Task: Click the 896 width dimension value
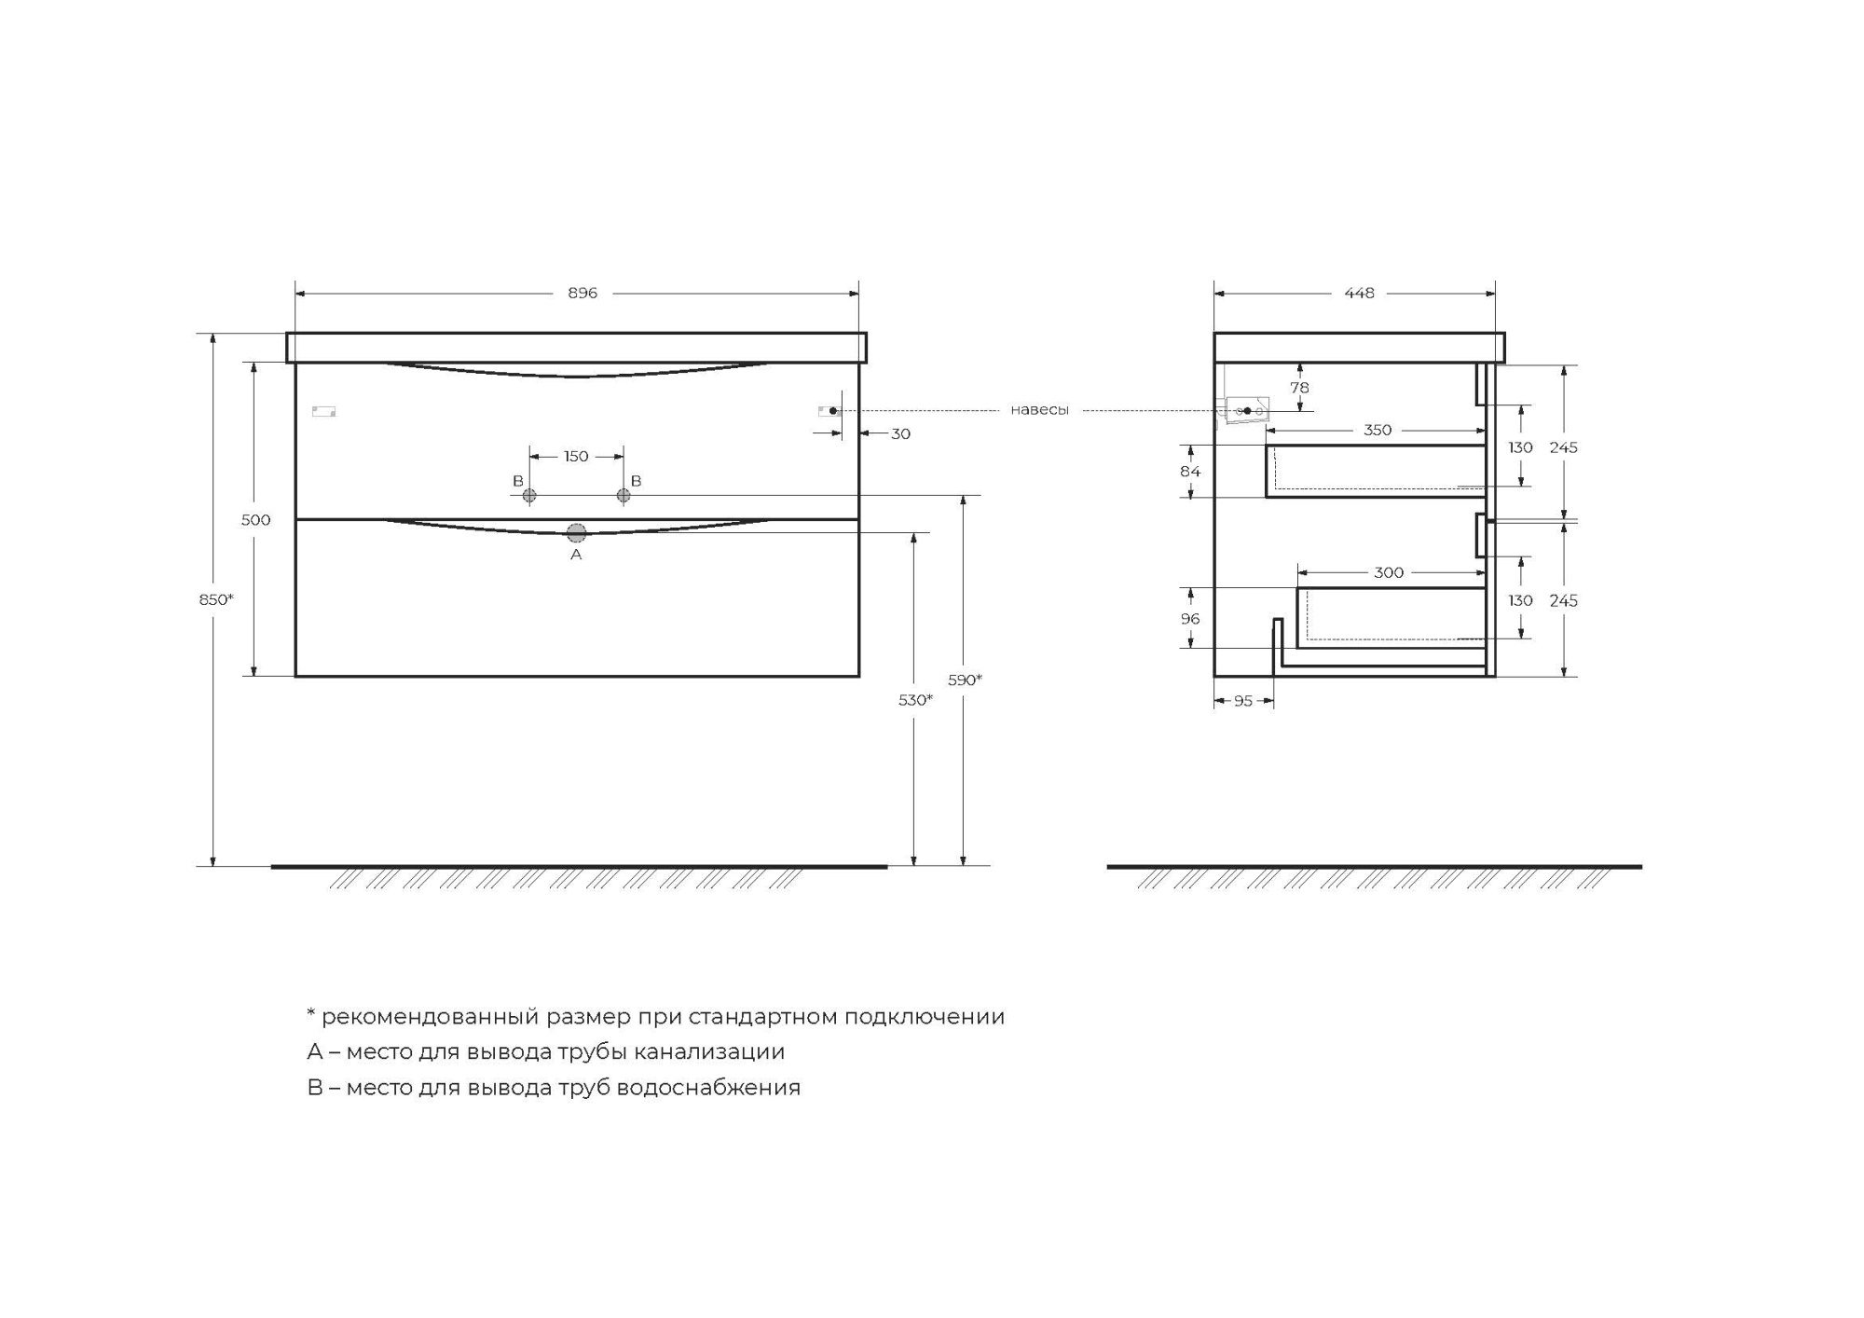582,294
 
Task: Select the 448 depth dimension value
1359,294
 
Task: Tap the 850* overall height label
216,599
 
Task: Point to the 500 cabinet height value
256,520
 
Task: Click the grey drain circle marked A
576,533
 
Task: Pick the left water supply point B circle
529,496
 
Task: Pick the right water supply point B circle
624,496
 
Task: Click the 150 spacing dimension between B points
576,457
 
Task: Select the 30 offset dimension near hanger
900,434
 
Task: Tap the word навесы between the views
1039,410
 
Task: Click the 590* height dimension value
966,680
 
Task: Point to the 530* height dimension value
915,700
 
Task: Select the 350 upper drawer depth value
1377,431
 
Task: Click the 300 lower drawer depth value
1389,573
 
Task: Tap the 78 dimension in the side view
1299,388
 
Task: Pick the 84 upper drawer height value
1190,472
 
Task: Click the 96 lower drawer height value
1190,619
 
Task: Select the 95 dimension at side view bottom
1243,702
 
